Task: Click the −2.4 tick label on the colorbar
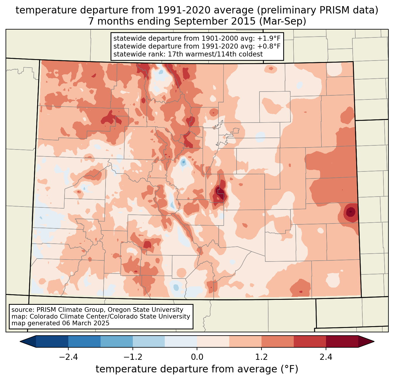pyautogui.click(x=68, y=357)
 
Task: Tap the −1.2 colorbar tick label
pyautogui.click(x=133, y=357)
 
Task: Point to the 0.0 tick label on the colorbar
pyautogui.click(x=197, y=357)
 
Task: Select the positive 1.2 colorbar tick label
pyautogui.click(x=261, y=357)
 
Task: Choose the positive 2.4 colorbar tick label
pyautogui.click(x=326, y=357)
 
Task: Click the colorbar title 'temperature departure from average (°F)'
pyautogui.click(x=197, y=369)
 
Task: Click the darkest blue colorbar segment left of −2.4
pyautogui.click(x=52, y=341)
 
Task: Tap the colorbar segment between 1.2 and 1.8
pyautogui.click(x=278, y=341)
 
